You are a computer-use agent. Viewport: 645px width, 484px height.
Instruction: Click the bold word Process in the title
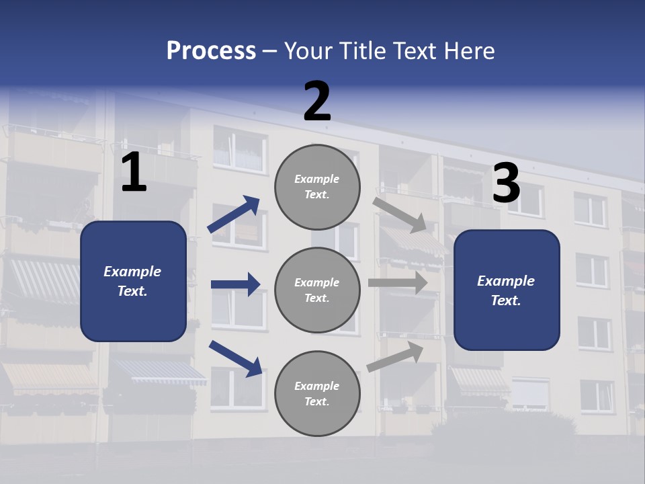coord(211,51)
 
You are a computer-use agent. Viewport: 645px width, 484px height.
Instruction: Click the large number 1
coord(134,173)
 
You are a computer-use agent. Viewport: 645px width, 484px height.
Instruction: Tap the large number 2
coord(317,102)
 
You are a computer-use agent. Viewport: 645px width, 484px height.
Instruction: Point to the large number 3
coord(506,184)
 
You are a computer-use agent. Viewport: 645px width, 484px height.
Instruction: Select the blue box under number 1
coord(133,281)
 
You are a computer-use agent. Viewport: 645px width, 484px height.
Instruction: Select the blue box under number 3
coord(507,290)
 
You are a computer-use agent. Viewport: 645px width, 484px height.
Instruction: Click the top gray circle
coord(317,187)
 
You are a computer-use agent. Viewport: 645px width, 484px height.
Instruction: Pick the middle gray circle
coord(317,290)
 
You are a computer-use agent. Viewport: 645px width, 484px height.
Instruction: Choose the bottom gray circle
coord(317,393)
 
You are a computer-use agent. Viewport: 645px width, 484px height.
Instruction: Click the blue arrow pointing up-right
coord(234,214)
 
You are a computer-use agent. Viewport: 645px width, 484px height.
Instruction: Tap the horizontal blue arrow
coord(235,284)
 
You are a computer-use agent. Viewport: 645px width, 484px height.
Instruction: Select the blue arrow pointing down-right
coord(235,358)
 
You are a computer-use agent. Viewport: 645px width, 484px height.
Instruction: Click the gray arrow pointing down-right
coord(400,214)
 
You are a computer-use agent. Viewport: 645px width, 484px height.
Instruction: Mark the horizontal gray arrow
coord(398,282)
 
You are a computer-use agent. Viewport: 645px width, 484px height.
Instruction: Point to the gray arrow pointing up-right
coord(395,357)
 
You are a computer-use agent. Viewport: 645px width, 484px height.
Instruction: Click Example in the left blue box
coord(132,272)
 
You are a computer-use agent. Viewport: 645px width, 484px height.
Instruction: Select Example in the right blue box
coord(506,281)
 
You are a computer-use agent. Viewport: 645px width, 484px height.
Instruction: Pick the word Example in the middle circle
coord(317,282)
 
